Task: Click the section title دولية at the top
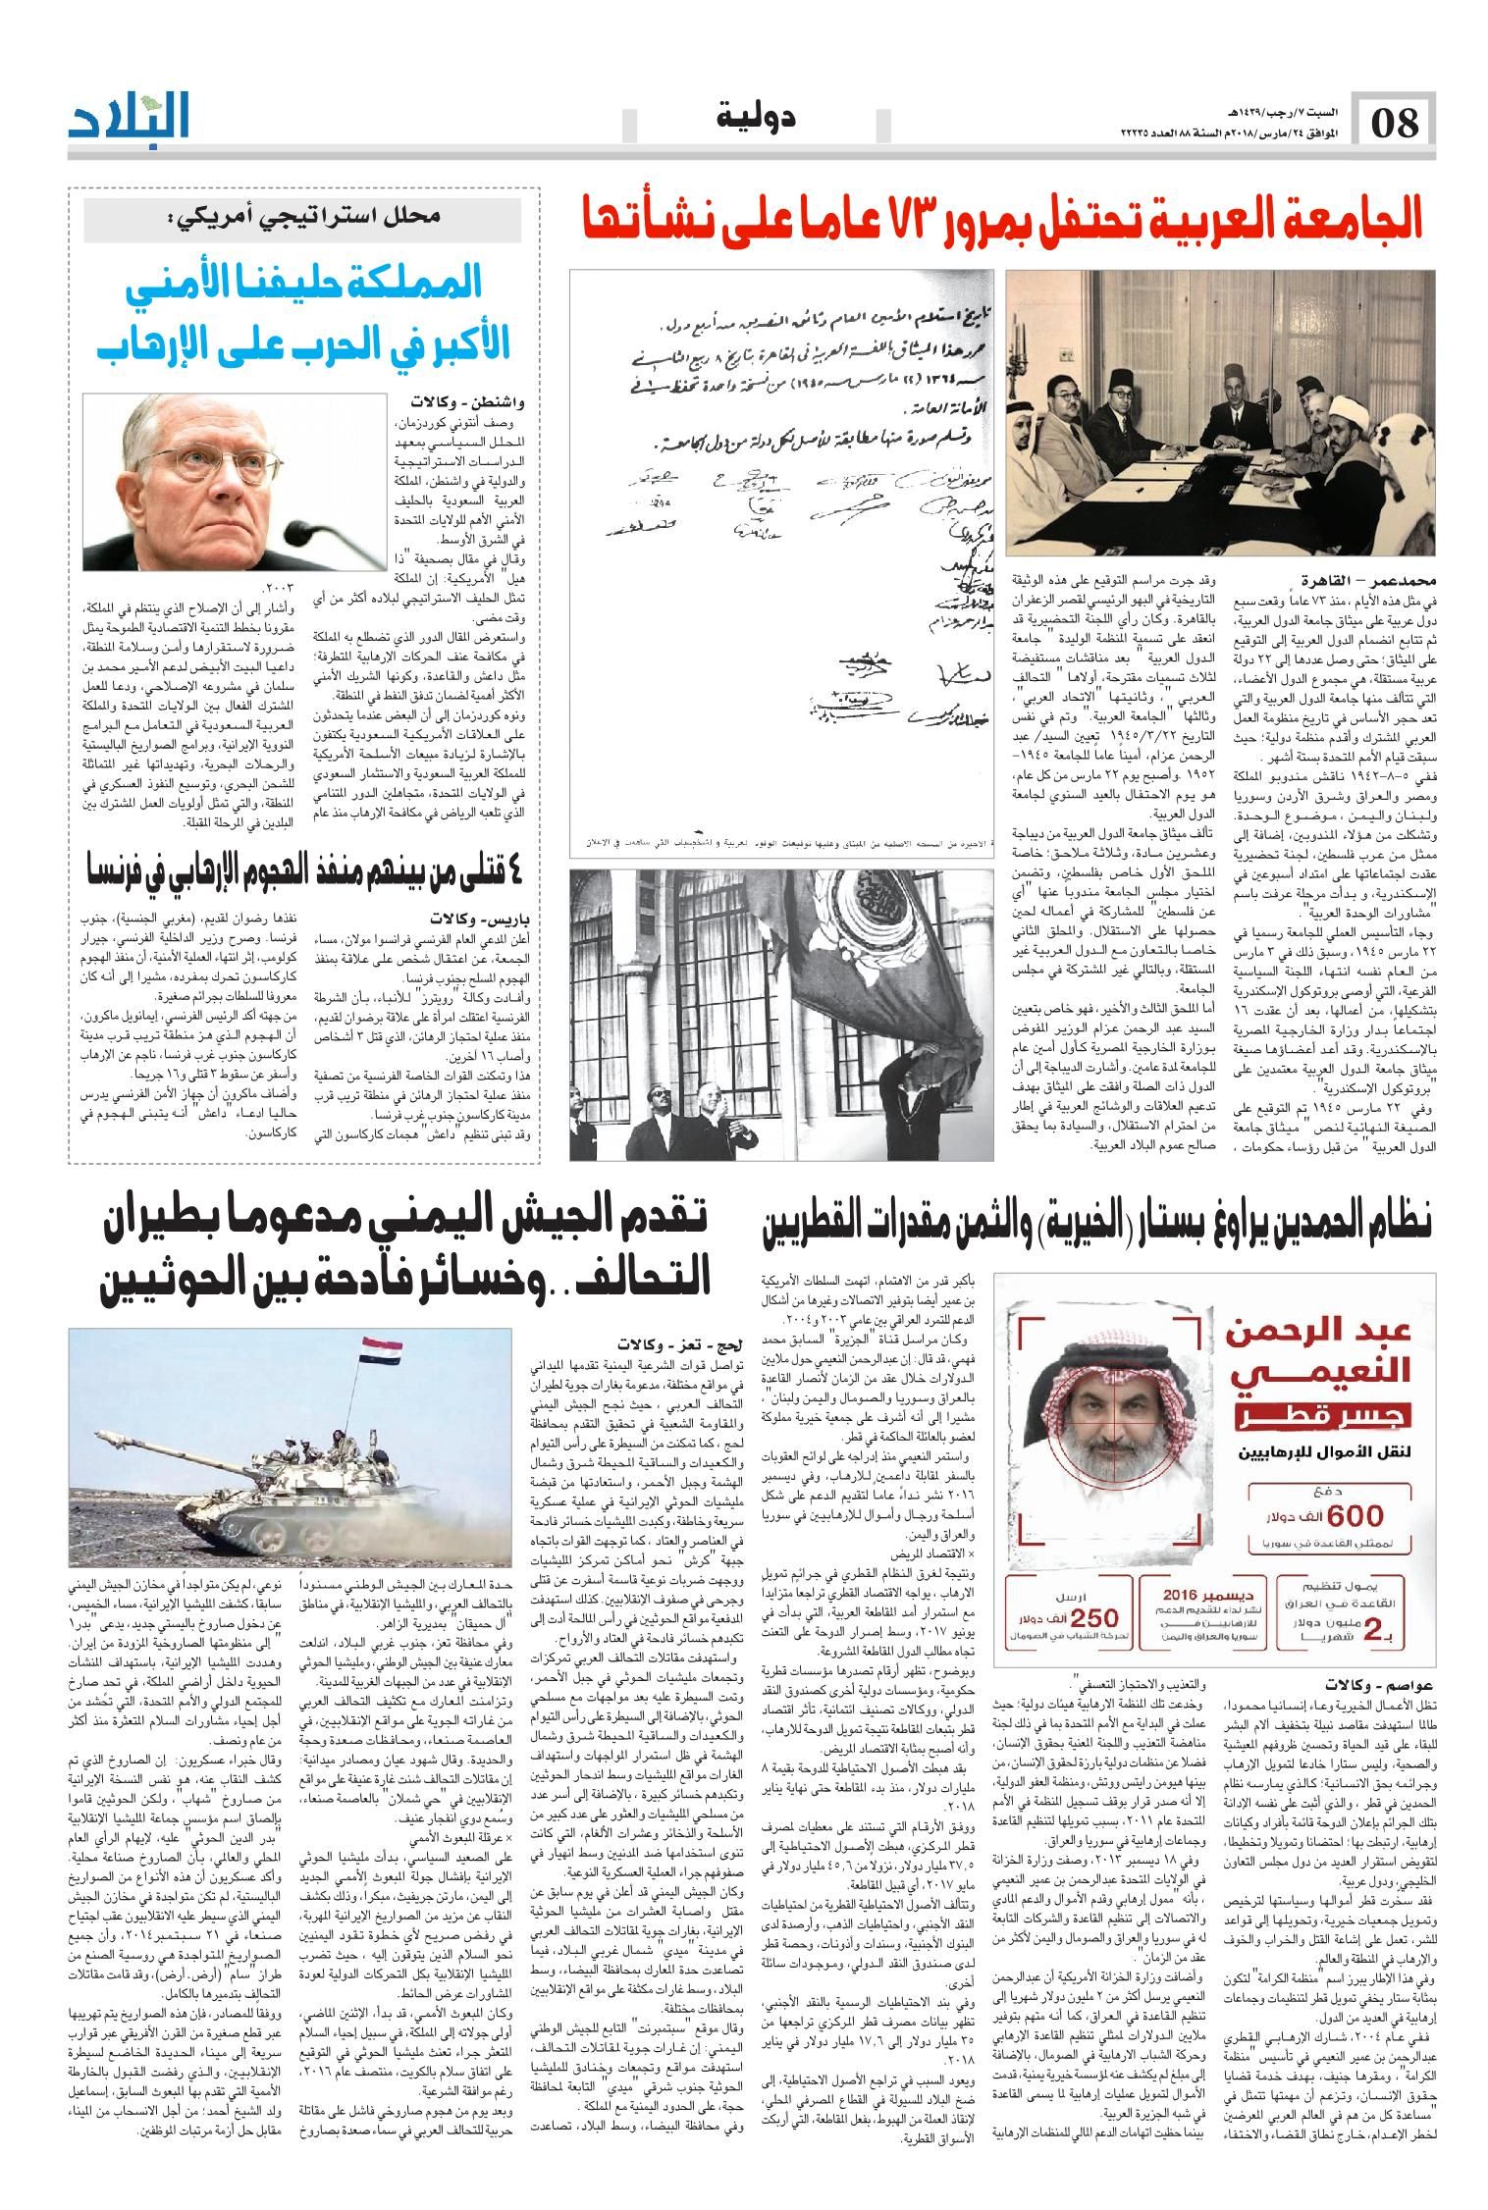point(755,118)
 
